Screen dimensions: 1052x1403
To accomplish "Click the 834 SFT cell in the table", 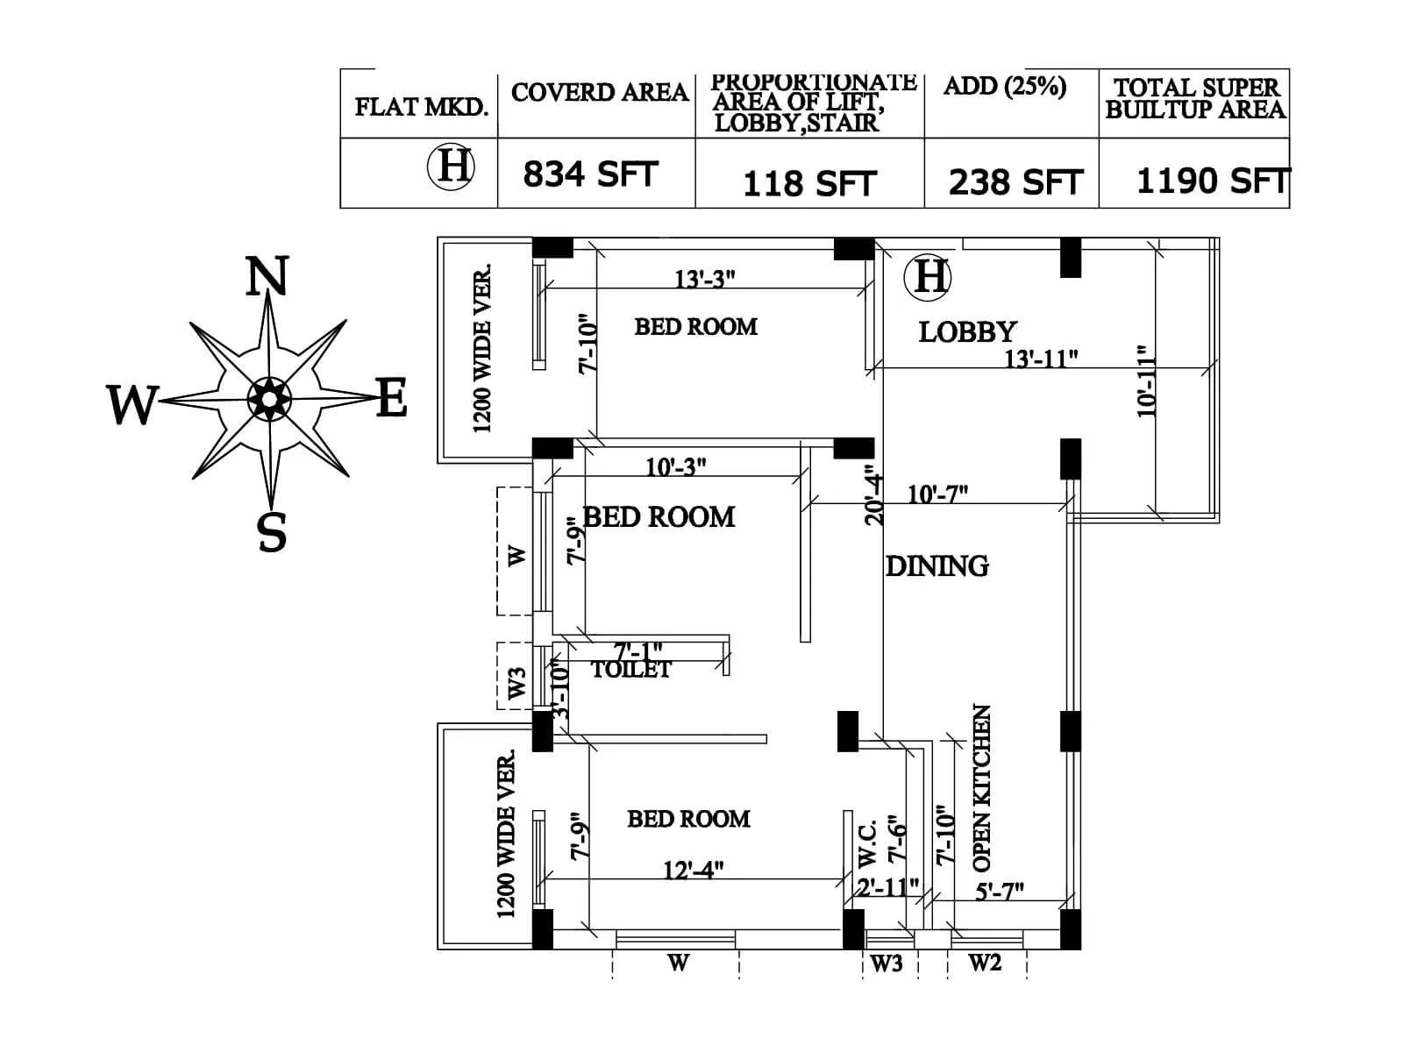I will pyautogui.click(x=590, y=174).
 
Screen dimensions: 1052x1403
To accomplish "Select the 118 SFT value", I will pyautogui.click(x=808, y=184).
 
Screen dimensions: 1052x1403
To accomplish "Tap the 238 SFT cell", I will pyautogui.click(x=1015, y=182).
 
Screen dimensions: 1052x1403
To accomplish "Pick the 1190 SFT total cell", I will pyautogui.click(x=1211, y=181).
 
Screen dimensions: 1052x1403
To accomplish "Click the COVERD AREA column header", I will pyautogui.click(x=599, y=93).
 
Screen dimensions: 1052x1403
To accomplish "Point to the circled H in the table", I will pyautogui.click(x=451, y=166).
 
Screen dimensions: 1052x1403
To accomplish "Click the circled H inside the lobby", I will pyautogui.click(x=928, y=276).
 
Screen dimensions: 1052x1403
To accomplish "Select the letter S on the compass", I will pyautogui.click(x=272, y=531).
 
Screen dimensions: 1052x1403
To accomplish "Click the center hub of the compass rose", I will pyautogui.click(x=269, y=399).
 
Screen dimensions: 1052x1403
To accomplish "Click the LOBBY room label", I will pyautogui.click(x=967, y=332).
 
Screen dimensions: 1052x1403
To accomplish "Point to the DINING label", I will pyautogui.click(x=937, y=566).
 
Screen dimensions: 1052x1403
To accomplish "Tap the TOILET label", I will pyautogui.click(x=630, y=671).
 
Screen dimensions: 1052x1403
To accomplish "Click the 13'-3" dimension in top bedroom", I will pyautogui.click(x=704, y=279).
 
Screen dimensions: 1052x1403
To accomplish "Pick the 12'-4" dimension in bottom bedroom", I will pyautogui.click(x=693, y=871).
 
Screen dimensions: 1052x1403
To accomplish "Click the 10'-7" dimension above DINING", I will pyautogui.click(x=937, y=494).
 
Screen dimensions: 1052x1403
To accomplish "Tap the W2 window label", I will pyautogui.click(x=984, y=963).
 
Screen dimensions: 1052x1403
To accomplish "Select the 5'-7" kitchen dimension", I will pyautogui.click(x=999, y=892).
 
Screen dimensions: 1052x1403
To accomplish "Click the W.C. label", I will pyautogui.click(x=866, y=842).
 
